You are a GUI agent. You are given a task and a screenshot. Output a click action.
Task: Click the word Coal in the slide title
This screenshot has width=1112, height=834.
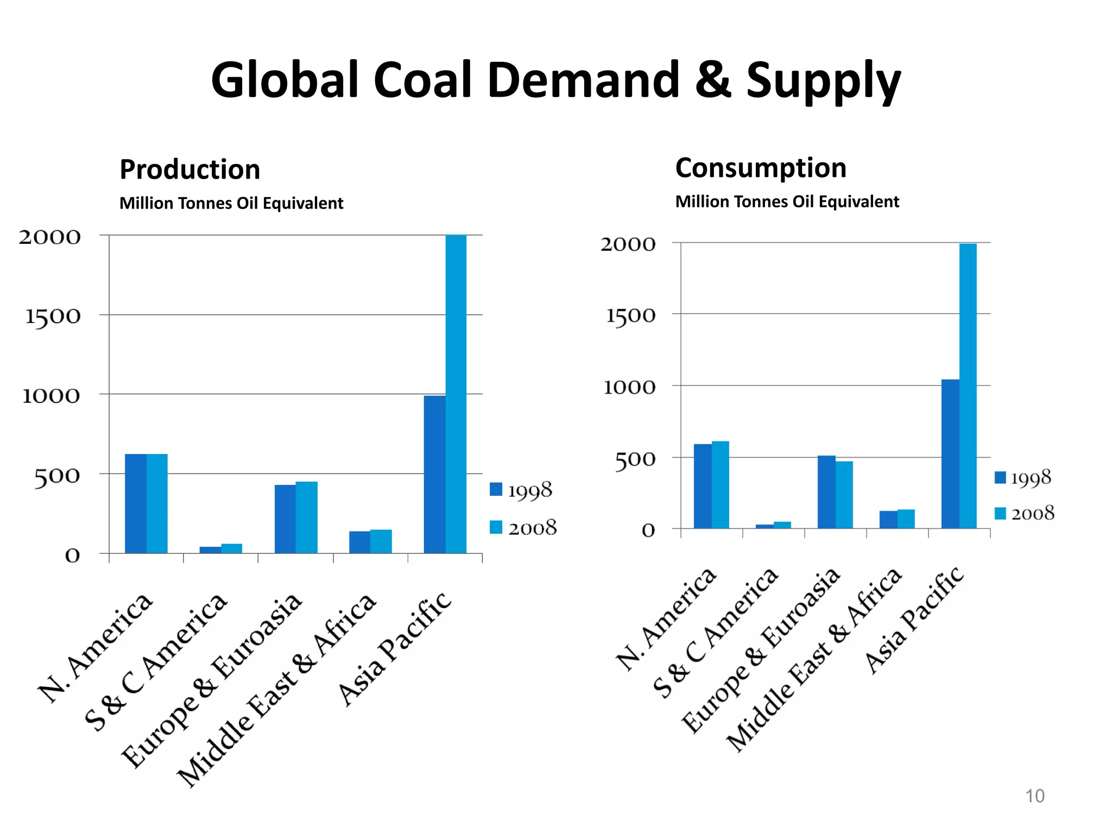pos(421,80)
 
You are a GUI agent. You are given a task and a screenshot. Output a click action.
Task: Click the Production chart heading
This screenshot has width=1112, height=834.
pos(189,169)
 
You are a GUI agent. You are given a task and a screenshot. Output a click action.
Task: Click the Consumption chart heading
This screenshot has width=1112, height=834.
pos(760,168)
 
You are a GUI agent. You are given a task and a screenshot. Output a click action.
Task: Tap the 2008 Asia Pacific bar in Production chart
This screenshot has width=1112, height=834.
pos(456,394)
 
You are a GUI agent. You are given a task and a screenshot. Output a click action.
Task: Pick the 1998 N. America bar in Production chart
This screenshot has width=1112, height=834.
pos(135,503)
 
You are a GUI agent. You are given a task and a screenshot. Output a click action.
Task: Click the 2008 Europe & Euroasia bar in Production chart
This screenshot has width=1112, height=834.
pos(306,517)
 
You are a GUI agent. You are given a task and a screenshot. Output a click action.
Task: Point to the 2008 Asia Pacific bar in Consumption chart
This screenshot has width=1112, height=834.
pos(968,386)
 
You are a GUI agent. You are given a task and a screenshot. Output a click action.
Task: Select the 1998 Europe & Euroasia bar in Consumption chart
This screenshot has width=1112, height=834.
pos(826,491)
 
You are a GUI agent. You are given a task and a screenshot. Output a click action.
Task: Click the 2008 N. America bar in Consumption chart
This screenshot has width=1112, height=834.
pos(720,484)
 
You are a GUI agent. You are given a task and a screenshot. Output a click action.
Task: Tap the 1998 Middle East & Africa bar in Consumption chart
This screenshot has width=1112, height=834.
pos(888,519)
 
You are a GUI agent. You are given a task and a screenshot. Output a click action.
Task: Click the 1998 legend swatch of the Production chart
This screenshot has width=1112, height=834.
pos(496,489)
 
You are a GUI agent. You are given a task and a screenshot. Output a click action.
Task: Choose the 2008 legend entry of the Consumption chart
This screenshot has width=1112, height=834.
pos(1024,513)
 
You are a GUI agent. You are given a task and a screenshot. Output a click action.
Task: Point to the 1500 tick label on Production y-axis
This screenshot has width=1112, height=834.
pos(53,316)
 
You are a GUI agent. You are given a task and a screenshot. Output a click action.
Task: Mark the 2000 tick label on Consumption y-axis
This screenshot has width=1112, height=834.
pos(628,244)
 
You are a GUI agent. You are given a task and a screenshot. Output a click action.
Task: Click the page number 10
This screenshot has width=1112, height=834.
pos(1034,795)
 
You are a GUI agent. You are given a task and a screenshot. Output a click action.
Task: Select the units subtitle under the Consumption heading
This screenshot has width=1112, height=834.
pos(787,202)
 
